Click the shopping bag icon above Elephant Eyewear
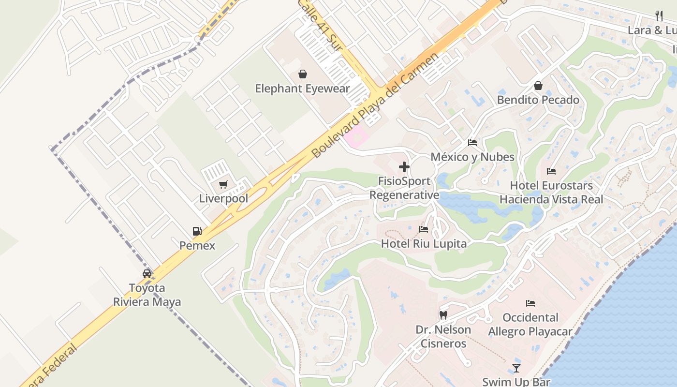303,74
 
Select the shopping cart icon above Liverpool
223,184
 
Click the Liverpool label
223,198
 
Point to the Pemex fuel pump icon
197,231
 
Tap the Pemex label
197,245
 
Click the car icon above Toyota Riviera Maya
147,273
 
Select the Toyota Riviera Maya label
147,295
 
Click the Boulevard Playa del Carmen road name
375,105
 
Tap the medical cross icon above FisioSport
404,167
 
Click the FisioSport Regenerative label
404,188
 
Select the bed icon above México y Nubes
472,143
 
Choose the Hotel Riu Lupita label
424,243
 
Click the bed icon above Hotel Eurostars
551,171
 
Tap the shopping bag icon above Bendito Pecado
538,86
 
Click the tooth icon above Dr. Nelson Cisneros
443,315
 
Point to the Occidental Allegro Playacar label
530,325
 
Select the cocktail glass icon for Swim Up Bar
516,368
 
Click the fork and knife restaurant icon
659,15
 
